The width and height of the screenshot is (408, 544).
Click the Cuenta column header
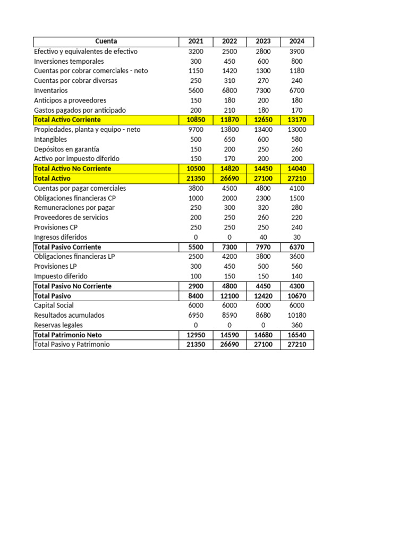pos(106,41)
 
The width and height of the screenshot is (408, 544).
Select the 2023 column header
pos(263,41)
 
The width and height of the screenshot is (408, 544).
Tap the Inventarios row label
pos(51,90)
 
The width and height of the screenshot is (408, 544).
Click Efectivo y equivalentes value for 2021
pos(195,52)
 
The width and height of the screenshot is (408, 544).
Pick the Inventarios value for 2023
pos(263,90)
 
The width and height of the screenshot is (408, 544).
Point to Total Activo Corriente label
pos(67,120)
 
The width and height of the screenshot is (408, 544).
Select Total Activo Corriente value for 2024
pos(297,120)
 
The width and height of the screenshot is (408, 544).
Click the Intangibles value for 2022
pos(229,139)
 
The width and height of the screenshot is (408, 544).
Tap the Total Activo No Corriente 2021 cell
pos(195,168)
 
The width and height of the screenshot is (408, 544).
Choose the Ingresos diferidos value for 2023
pos(263,237)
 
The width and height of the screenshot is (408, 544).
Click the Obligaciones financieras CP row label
pos(75,198)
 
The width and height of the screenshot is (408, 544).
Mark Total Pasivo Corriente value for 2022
pos(229,247)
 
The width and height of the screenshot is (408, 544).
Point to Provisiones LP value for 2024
pos(297,266)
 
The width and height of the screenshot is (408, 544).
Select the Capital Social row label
pos(54,305)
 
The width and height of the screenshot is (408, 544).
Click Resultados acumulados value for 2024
pos(297,315)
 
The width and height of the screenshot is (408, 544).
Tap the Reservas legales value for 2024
pos(297,325)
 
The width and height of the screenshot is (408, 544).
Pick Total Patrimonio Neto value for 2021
pos(195,335)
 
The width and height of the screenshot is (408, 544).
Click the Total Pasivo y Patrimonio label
pos(72,344)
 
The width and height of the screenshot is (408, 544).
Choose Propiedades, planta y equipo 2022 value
pos(229,130)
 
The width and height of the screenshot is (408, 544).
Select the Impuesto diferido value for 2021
pos(195,276)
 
